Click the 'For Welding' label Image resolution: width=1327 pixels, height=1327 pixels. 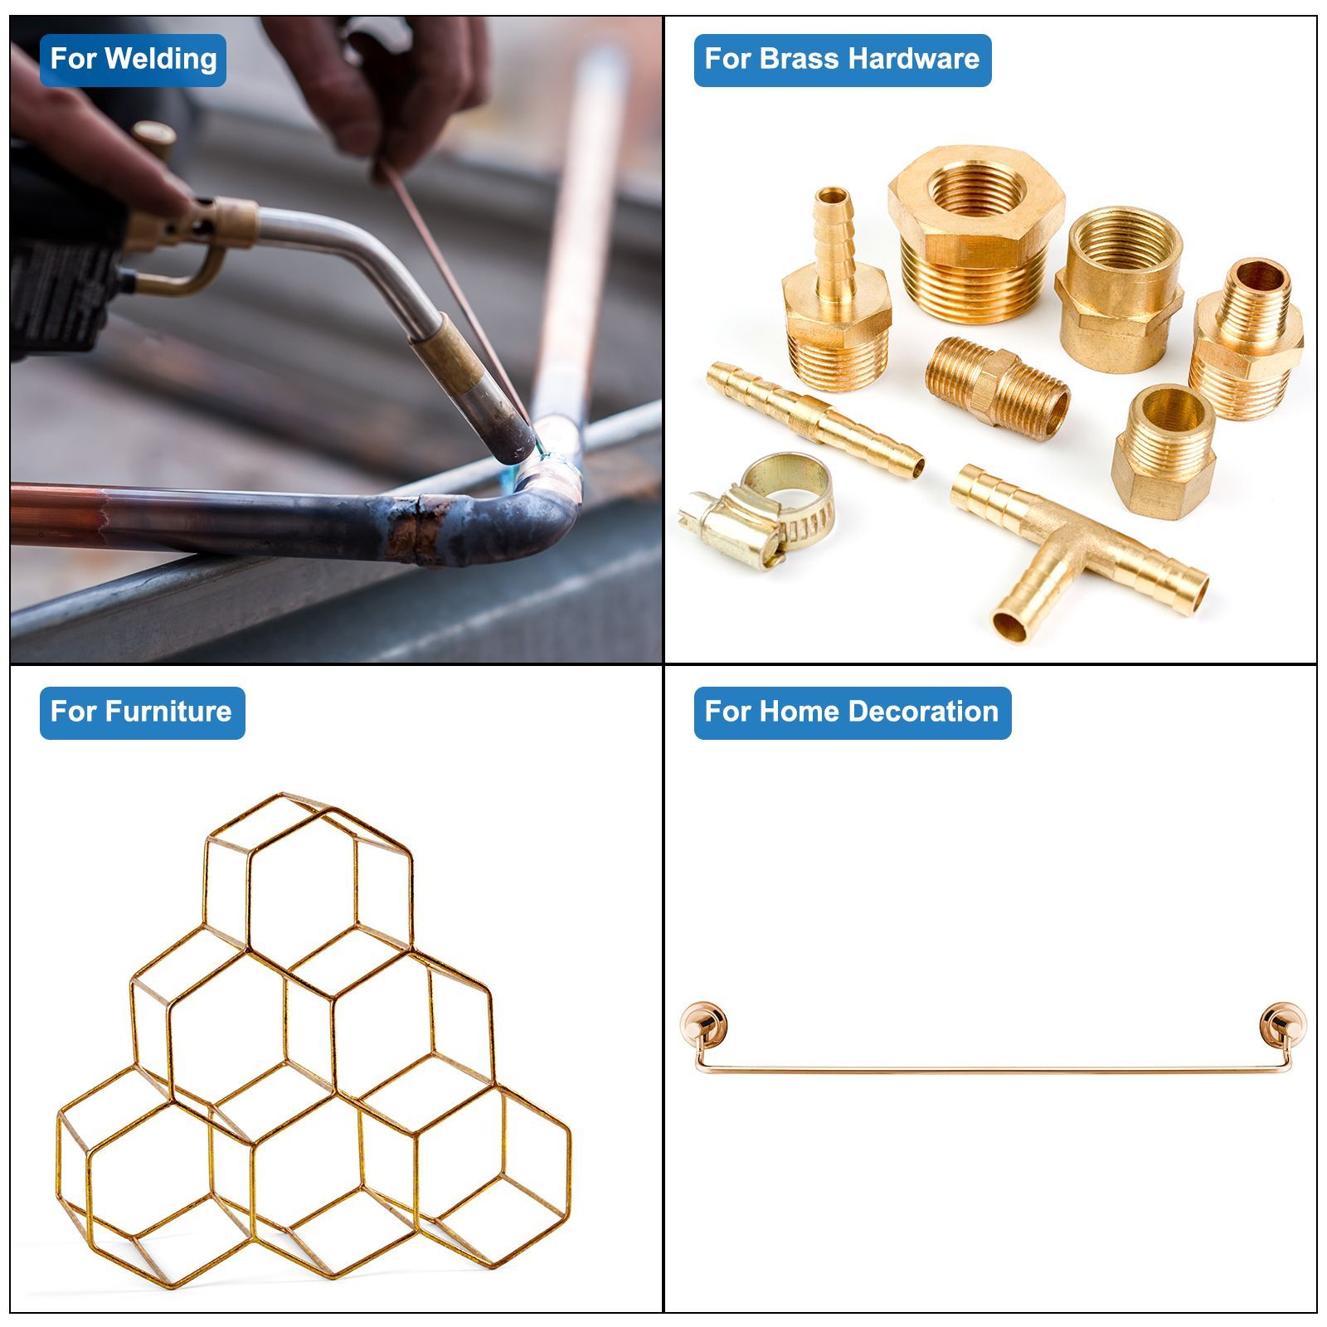(x=133, y=60)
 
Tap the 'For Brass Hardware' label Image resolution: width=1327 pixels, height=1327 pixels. (x=842, y=60)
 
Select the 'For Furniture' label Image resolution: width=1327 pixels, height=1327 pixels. (x=142, y=712)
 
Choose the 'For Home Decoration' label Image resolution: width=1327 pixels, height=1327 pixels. (x=852, y=712)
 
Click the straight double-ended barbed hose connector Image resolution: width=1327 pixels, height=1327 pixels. (x=815, y=419)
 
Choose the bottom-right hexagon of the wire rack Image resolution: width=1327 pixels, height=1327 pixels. (x=464, y=1178)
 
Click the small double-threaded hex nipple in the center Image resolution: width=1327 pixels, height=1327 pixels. (x=998, y=387)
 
